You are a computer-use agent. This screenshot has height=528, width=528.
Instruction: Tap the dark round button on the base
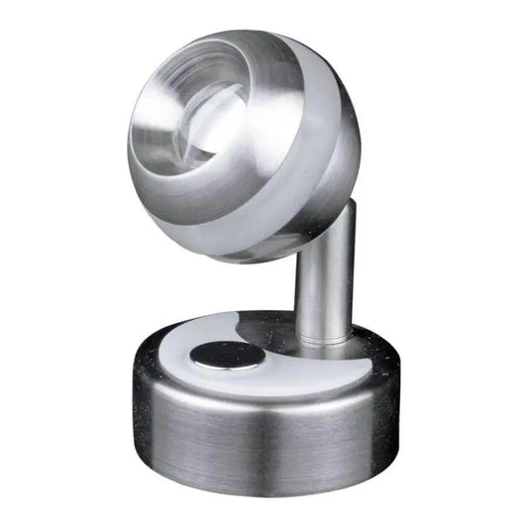coord(228,355)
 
